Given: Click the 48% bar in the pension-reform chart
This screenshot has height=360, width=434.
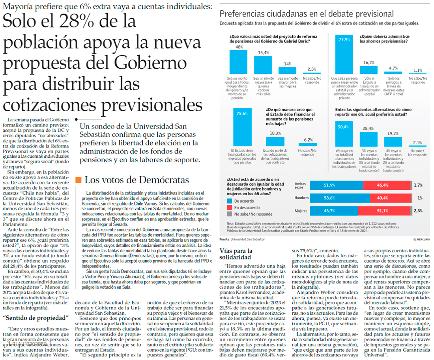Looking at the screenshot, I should [x=238, y=62].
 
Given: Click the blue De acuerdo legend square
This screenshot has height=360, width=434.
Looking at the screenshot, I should [x=230, y=200].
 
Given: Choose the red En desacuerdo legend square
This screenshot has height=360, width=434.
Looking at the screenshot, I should [x=230, y=207].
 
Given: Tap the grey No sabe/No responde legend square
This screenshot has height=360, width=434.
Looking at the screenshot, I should [x=230, y=214].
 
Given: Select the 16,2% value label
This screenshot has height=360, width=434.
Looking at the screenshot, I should [x=369, y=62].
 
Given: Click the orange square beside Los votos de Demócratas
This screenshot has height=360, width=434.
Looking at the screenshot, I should [x=78, y=180].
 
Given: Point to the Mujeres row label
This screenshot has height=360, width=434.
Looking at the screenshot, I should [x=301, y=211].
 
